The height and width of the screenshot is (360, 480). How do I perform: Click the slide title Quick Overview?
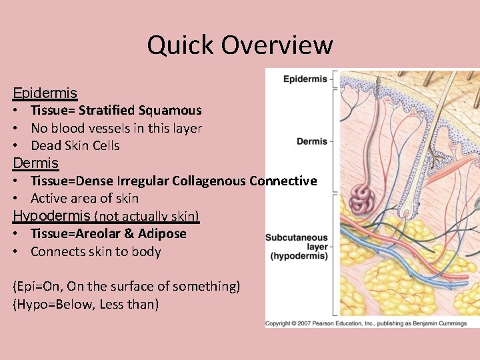point(240,45)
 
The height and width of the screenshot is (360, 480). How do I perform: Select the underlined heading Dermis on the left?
point(36,163)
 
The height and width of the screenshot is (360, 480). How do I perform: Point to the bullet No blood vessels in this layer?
point(116,129)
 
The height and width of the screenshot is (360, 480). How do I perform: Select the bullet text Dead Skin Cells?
point(75,146)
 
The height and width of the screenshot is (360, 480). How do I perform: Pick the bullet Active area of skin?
point(85,199)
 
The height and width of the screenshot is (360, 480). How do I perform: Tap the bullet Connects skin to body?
point(95,252)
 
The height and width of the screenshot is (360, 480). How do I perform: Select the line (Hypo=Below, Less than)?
point(85,305)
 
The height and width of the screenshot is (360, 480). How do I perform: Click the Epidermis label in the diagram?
point(305,79)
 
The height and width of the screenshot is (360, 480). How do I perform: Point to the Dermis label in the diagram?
point(312,141)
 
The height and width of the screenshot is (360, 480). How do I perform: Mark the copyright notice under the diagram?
point(372,323)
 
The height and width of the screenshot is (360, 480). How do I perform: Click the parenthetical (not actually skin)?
point(147,216)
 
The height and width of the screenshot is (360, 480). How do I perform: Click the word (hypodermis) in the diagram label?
point(299,256)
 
